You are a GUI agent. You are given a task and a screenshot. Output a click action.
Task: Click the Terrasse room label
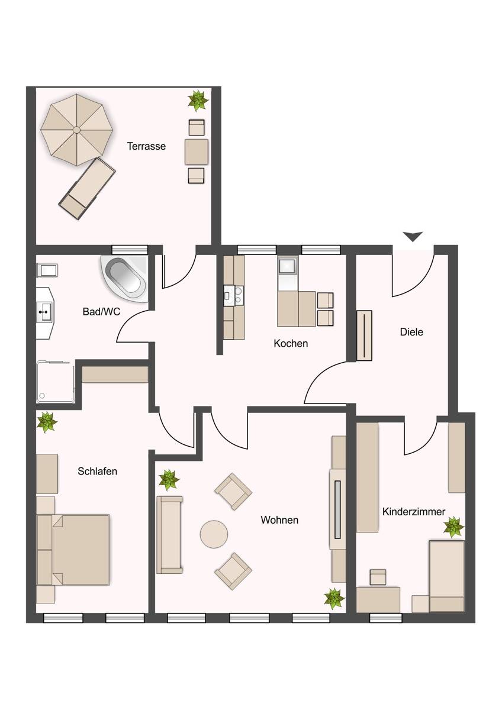(x=146, y=146)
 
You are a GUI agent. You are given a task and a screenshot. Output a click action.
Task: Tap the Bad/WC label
(x=101, y=312)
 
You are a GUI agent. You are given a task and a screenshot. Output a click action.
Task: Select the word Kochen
(x=291, y=343)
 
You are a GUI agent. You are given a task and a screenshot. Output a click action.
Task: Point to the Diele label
(x=411, y=332)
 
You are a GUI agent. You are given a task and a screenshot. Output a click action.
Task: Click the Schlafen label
(x=97, y=471)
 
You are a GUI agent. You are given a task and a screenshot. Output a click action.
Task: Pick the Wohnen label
(x=279, y=520)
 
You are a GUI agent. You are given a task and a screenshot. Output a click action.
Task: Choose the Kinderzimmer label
(x=414, y=512)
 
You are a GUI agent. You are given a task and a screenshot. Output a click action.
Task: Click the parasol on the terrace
(x=77, y=130)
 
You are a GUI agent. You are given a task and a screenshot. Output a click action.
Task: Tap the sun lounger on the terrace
(x=87, y=188)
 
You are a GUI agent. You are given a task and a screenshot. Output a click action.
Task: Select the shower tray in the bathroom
(x=56, y=381)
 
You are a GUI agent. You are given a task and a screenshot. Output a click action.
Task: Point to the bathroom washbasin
(x=44, y=312)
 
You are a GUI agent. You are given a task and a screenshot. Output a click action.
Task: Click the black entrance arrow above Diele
(x=413, y=237)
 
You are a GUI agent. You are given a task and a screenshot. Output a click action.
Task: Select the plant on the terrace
(x=198, y=101)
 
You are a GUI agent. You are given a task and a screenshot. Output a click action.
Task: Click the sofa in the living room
(x=170, y=535)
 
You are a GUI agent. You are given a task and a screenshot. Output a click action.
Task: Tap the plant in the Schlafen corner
(x=47, y=422)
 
